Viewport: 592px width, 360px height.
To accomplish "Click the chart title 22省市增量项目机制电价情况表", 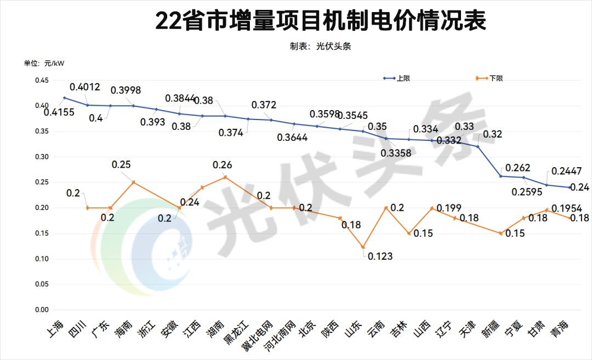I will point(321,21).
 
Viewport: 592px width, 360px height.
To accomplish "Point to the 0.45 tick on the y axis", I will point(42,81).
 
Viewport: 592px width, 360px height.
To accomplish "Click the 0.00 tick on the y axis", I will point(42,310).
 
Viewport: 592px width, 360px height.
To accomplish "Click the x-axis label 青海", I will point(560,330).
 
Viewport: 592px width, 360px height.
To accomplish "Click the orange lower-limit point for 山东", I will point(363,247).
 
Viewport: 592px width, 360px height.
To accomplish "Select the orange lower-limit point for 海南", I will point(133,182).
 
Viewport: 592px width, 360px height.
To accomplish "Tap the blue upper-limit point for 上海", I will point(65,98).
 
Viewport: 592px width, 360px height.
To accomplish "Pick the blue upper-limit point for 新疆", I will point(500,176).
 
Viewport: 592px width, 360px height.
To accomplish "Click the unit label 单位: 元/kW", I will point(44,63).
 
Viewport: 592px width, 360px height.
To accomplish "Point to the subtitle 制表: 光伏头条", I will point(320,46).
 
